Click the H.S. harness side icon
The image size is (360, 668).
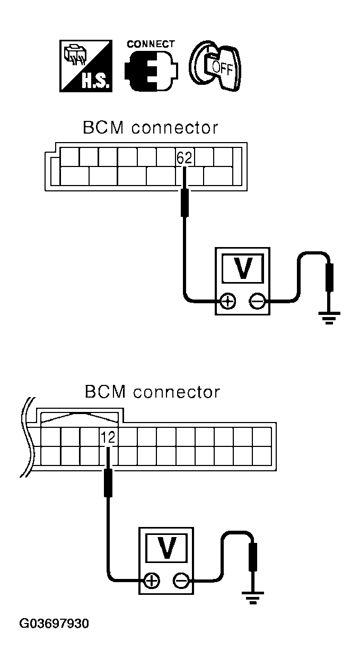(86, 66)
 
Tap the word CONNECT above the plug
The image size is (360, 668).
(151, 44)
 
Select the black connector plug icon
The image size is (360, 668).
(151, 71)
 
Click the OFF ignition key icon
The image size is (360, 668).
(215, 65)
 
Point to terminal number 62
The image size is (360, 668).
(185, 158)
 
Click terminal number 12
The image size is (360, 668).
(108, 437)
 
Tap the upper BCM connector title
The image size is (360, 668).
(151, 128)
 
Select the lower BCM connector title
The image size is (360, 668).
(152, 392)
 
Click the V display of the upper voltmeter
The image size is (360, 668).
(244, 268)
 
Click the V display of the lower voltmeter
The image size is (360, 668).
(167, 548)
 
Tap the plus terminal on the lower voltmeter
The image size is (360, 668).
(152, 581)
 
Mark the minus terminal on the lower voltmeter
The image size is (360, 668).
(181, 581)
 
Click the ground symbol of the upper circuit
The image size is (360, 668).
(329, 317)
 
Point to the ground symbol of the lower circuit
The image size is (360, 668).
(252, 597)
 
